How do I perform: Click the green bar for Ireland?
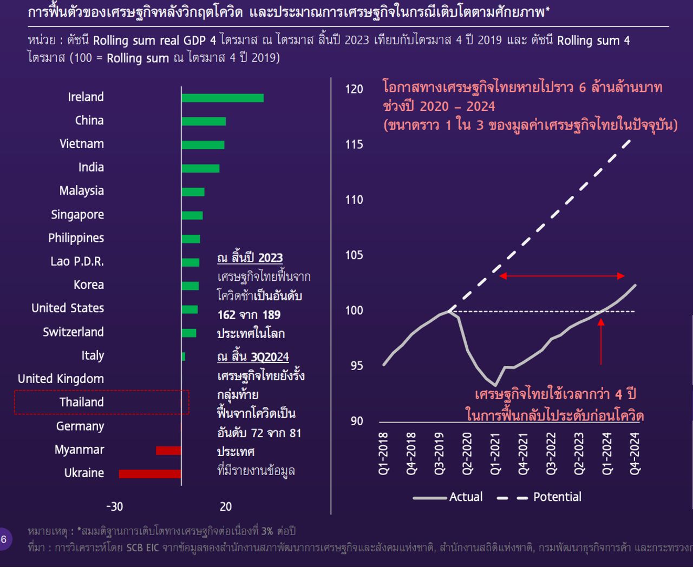coord(223,98)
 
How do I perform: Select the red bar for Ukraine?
coord(150,474)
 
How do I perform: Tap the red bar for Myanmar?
coord(168,450)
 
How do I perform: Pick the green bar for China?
coord(204,121)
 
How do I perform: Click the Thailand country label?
coord(81,402)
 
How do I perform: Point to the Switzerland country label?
coord(73,332)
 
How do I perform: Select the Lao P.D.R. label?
coord(77,261)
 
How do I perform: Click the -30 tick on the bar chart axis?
coord(114,506)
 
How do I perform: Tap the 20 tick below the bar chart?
coord(226,506)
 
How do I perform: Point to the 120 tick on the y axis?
coord(354,89)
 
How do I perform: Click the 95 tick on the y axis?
coord(357,366)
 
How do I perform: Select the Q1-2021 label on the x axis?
coord(495,453)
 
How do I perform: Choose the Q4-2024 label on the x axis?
coord(635,453)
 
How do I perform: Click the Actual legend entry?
coord(466,497)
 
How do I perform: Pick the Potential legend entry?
coord(557,497)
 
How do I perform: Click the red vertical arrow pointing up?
coord(601,341)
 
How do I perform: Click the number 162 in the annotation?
coord(226,315)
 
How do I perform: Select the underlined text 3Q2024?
coord(270,357)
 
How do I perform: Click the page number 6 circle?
coord(4,539)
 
